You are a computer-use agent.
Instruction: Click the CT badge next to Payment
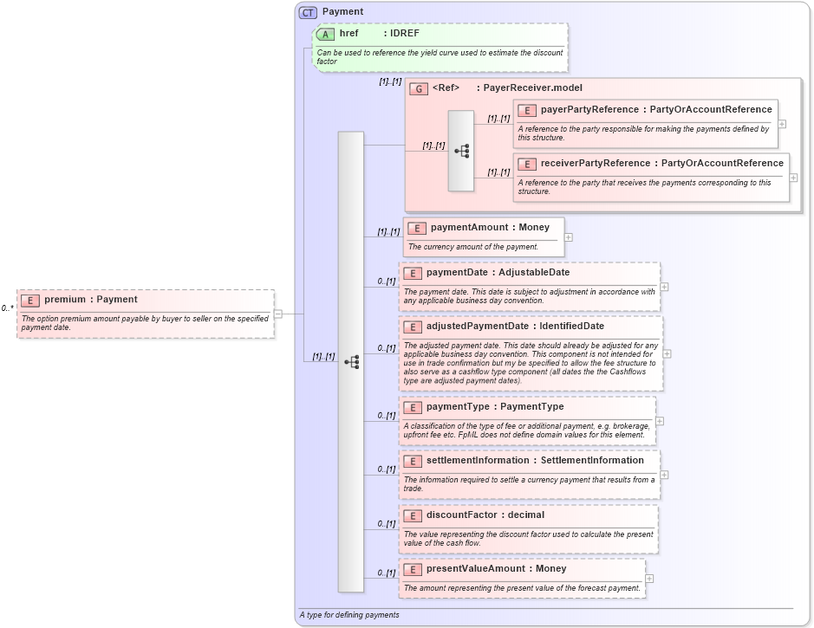[x=308, y=12]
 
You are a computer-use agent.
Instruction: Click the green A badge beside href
[x=326, y=34]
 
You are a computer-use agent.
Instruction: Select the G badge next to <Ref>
[x=419, y=88]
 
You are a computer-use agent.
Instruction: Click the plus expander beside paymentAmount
[x=569, y=236]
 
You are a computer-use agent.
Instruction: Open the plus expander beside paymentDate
[x=664, y=287]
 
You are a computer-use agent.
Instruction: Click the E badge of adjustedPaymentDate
[x=413, y=327]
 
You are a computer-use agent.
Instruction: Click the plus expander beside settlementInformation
[x=664, y=474]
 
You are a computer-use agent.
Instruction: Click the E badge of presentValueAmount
[x=413, y=569]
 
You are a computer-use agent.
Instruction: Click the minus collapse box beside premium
[x=278, y=314]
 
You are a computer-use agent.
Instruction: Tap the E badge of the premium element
[x=30, y=300]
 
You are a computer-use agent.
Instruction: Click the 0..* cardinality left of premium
[x=7, y=308]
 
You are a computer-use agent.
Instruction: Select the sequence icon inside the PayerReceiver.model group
[x=461, y=151]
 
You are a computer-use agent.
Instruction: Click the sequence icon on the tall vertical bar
[x=351, y=362]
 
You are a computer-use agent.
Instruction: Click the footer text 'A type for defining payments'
[x=349, y=615]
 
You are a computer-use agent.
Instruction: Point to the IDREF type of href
[x=404, y=34]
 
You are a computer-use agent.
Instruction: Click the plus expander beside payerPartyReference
[x=782, y=124]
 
